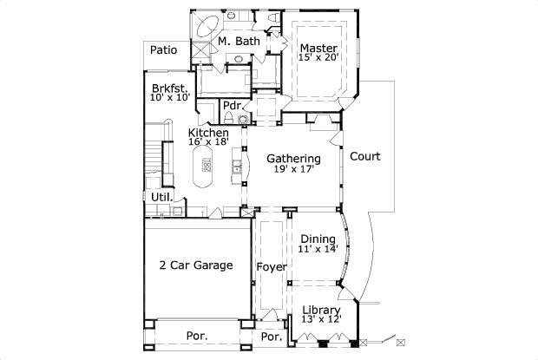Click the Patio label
[163, 50]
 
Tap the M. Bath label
[239, 41]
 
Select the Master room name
[318, 48]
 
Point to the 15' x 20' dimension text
[318, 58]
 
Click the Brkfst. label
[169, 88]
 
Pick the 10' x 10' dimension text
[169, 98]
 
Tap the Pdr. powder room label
[232, 106]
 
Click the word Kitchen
[208, 133]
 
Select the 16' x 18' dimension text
[208, 143]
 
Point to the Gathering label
[293, 159]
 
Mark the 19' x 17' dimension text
[293, 170]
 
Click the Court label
[365, 157]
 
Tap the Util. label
[161, 198]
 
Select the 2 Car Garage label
[195, 265]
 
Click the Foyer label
[272, 267]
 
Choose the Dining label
[318, 239]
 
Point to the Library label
[321, 310]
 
